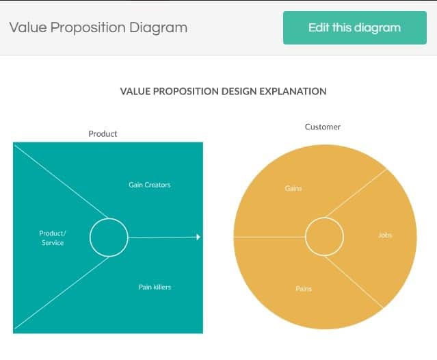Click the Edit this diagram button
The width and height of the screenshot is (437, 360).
tap(355, 27)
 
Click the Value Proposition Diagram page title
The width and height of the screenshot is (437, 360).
tap(98, 28)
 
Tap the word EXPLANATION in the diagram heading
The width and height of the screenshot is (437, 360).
tap(293, 91)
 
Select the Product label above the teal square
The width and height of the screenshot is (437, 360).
tap(103, 134)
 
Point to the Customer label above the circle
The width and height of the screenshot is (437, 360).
tap(323, 127)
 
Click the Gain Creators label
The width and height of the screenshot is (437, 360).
tap(150, 185)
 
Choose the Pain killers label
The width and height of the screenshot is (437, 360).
tap(155, 287)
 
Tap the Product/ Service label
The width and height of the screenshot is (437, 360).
tap(53, 238)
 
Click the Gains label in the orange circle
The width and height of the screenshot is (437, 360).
tap(293, 188)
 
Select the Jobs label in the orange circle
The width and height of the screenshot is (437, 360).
tap(385, 235)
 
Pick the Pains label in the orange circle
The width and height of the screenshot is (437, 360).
tap(304, 288)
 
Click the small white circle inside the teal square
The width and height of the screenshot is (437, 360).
tap(90, 237)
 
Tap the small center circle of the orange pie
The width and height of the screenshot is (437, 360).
tap(306, 237)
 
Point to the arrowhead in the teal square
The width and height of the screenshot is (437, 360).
tap(198, 237)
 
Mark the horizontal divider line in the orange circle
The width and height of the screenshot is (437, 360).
tap(269, 237)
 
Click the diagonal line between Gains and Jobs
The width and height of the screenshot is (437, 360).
tap(356, 193)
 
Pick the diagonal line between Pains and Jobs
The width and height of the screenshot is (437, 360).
tap(354, 282)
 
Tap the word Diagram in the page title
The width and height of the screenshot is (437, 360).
tap(158, 28)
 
